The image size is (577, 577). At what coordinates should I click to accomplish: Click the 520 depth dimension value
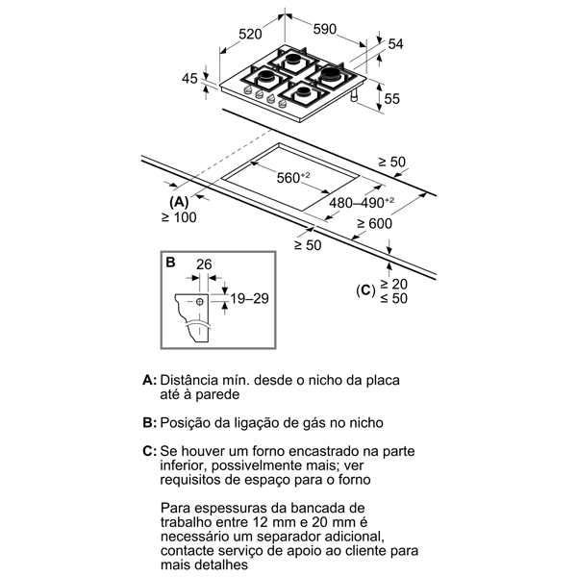pyautogui.click(x=250, y=34)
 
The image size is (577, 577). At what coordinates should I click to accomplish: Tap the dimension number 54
pyautogui.click(x=394, y=44)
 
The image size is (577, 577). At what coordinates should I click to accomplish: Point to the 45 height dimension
pyautogui.click(x=189, y=78)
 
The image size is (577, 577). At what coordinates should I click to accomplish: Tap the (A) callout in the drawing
pyautogui.click(x=179, y=203)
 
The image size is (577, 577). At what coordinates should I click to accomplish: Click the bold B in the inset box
pyautogui.click(x=169, y=261)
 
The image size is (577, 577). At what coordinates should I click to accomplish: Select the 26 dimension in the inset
pyautogui.click(x=204, y=265)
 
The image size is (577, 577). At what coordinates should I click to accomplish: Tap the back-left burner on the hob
pyautogui.click(x=291, y=60)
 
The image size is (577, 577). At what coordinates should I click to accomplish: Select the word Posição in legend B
pyautogui.click(x=188, y=422)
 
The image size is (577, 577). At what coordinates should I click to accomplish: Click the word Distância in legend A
pyautogui.click(x=192, y=380)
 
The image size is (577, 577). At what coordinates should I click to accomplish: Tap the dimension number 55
pyautogui.click(x=392, y=99)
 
